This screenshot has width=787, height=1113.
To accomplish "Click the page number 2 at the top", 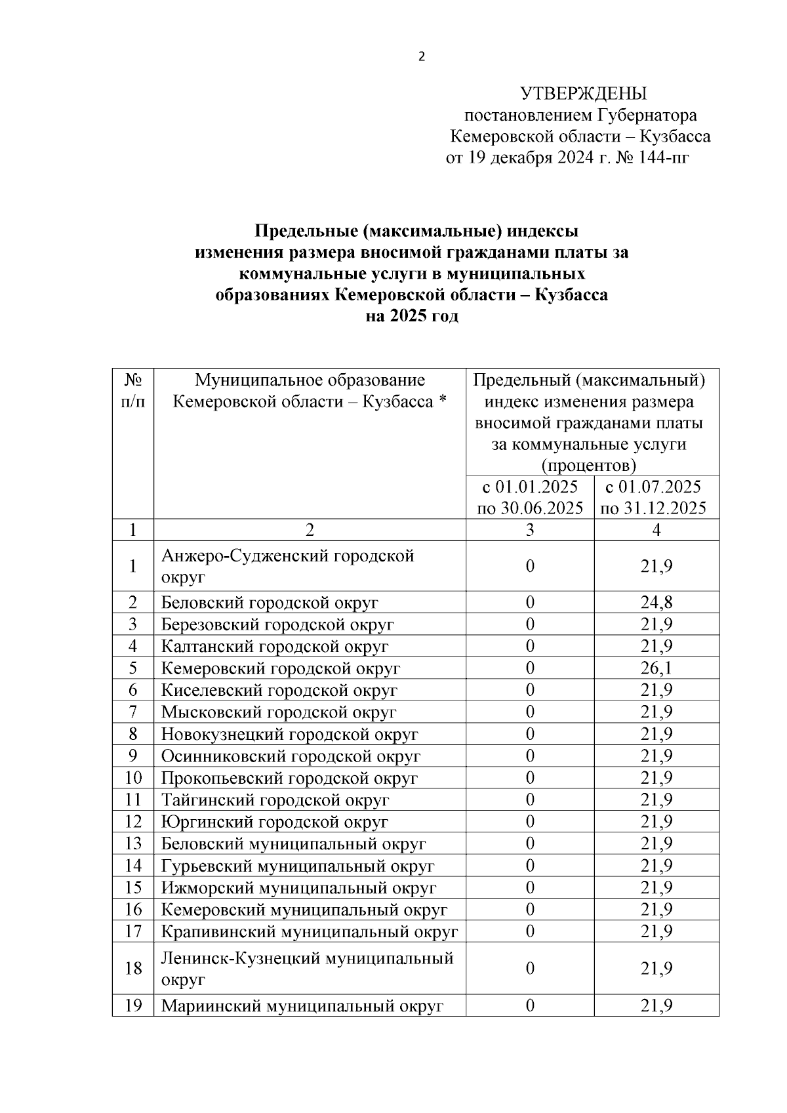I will pyautogui.click(x=422, y=57).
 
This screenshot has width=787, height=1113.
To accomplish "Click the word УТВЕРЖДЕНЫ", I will pyautogui.click(x=583, y=93).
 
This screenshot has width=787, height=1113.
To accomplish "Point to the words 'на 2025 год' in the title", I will pyautogui.click(x=412, y=316).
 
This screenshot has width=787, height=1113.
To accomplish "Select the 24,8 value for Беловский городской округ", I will pyautogui.click(x=656, y=603).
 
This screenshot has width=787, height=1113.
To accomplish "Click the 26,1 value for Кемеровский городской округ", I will pyautogui.click(x=656, y=668).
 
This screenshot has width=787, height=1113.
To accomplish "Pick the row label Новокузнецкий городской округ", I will pyautogui.click(x=289, y=735).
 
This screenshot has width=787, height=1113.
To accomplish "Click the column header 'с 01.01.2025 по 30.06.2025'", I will pyautogui.click(x=530, y=497).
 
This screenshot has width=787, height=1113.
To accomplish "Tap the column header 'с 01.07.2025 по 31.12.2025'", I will pyautogui.click(x=653, y=497).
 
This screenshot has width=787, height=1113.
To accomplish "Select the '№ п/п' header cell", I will pyautogui.click(x=133, y=391).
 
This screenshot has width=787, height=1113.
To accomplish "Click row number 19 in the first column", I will pyautogui.click(x=133, y=1005).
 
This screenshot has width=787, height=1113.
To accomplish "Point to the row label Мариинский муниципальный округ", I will pyautogui.click(x=302, y=1006).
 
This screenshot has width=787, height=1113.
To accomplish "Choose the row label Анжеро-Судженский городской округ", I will pyautogui.click(x=287, y=566).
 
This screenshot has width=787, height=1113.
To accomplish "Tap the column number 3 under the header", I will pyautogui.click(x=530, y=530).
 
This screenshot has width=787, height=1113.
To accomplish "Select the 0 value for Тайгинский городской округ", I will pyautogui.click(x=530, y=800).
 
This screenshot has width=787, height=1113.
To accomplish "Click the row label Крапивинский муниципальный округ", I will pyautogui.click(x=310, y=932).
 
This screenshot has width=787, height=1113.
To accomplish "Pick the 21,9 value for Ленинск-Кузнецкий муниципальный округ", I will pyautogui.click(x=656, y=969).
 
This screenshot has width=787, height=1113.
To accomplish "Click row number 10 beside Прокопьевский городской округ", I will pyautogui.click(x=133, y=779).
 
